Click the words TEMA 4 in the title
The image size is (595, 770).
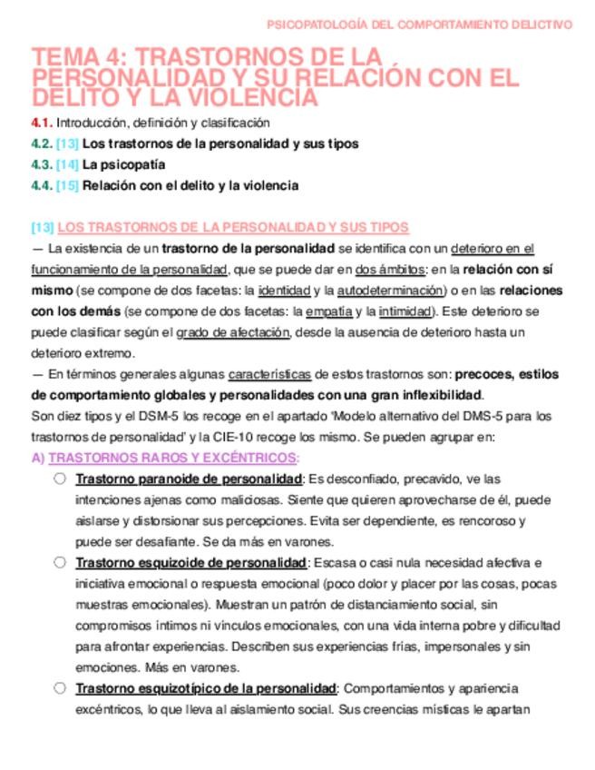tap(83, 57)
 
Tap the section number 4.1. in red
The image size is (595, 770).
tap(42, 123)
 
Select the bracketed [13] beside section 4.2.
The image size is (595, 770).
tap(67, 143)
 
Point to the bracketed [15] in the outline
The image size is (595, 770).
tap(67, 185)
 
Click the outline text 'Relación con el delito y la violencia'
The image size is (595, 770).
tap(190, 185)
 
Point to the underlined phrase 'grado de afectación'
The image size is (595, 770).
tap(234, 332)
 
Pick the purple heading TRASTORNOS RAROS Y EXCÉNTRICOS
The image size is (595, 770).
tap(173, 458)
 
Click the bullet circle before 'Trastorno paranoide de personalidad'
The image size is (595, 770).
tap(59, 479)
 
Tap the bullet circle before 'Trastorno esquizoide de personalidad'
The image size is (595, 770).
tap(59, 562)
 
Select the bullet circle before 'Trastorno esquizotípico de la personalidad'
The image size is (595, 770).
tap(59, 687)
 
